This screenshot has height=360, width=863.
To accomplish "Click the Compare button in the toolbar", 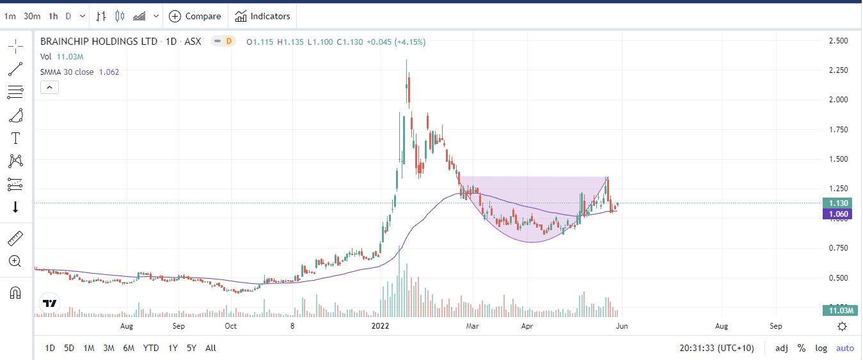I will [x=195, y=16].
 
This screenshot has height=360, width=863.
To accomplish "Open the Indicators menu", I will [x=262, y=16].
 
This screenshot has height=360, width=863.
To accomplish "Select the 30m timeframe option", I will [x=32, y=16].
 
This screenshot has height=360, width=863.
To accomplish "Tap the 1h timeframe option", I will [x=53, y=16].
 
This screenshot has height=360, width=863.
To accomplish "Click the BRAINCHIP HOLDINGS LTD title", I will [x=99, y=42].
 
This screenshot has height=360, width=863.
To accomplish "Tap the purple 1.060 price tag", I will [x=837, y=214].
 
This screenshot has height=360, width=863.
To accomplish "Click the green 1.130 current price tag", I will [x=837, y=203].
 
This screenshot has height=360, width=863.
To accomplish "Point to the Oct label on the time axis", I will [x=231, y=326].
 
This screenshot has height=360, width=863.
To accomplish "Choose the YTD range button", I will [x=151, y=348].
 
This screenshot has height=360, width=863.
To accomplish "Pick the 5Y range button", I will [x=191, y=348].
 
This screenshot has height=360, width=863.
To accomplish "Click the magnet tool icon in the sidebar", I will [x=16, y=293].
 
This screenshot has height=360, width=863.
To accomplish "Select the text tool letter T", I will [x=16, y=138].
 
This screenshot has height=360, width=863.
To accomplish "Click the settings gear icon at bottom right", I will [x=843, y=326].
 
